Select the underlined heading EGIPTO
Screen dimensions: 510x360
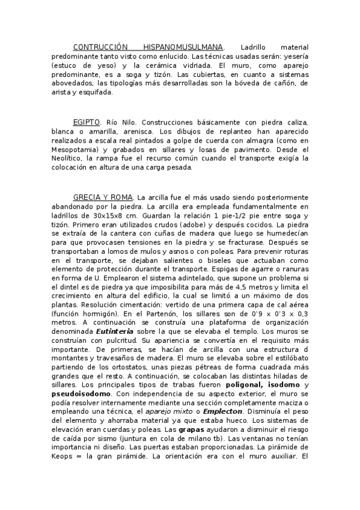pyautogui.click(x=87, y=122)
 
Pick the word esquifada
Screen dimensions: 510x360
pyautogui.click(x=95, y=92)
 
